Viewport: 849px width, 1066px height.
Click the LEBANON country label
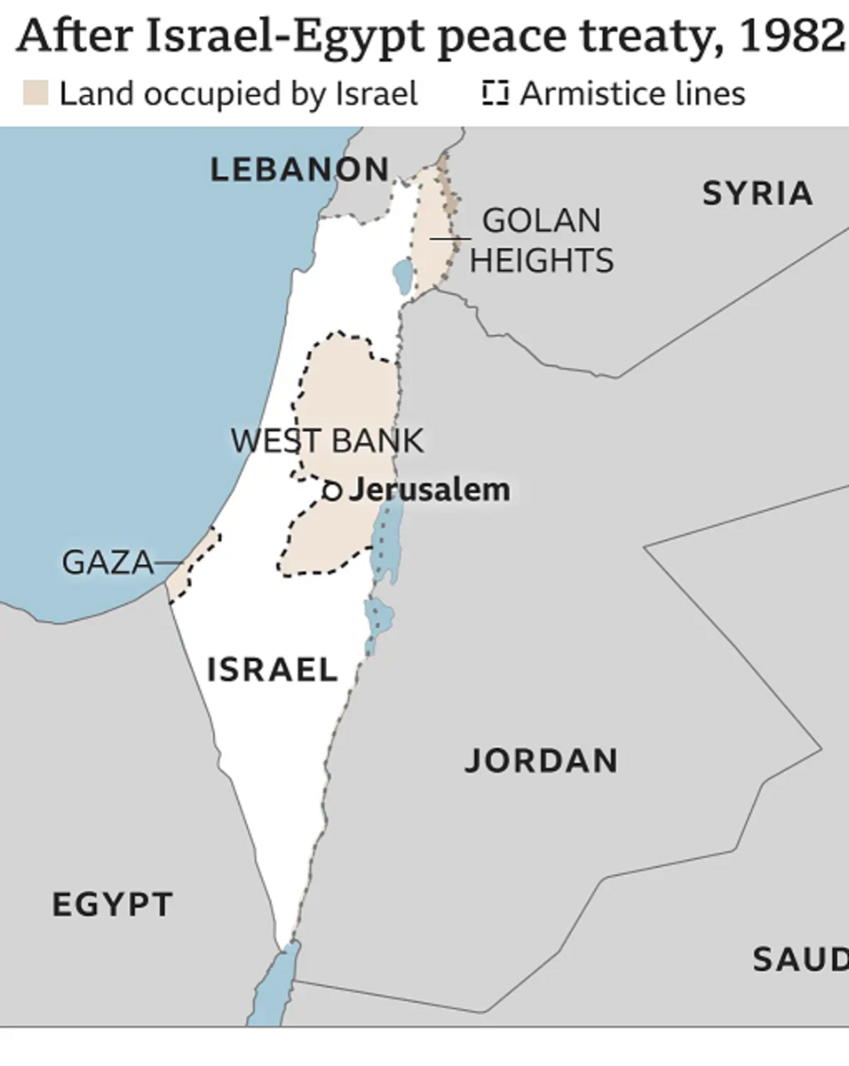tap(299, 170)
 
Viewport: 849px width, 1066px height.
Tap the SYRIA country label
tap(757, 193)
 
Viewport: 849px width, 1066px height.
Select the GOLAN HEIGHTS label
tap(542, 240)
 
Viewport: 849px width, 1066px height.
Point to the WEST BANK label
tap(327, 441)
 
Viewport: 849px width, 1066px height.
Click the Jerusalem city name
tap(429, 489)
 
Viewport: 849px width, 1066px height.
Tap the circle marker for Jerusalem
tap(332, 490)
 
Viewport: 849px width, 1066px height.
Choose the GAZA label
tap(107, 562)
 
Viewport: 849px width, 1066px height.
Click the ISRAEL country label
tap(272, 670)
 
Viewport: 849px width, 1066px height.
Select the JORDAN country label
tap(541, 761)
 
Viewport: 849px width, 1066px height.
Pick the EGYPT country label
tap(112, 904)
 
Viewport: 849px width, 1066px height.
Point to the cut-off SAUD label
tap(799, 959)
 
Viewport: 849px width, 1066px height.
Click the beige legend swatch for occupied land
tap(36, 92)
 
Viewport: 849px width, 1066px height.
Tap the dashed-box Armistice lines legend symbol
tap(496, 92)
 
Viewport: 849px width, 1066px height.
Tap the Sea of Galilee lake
tap(402, 275)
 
